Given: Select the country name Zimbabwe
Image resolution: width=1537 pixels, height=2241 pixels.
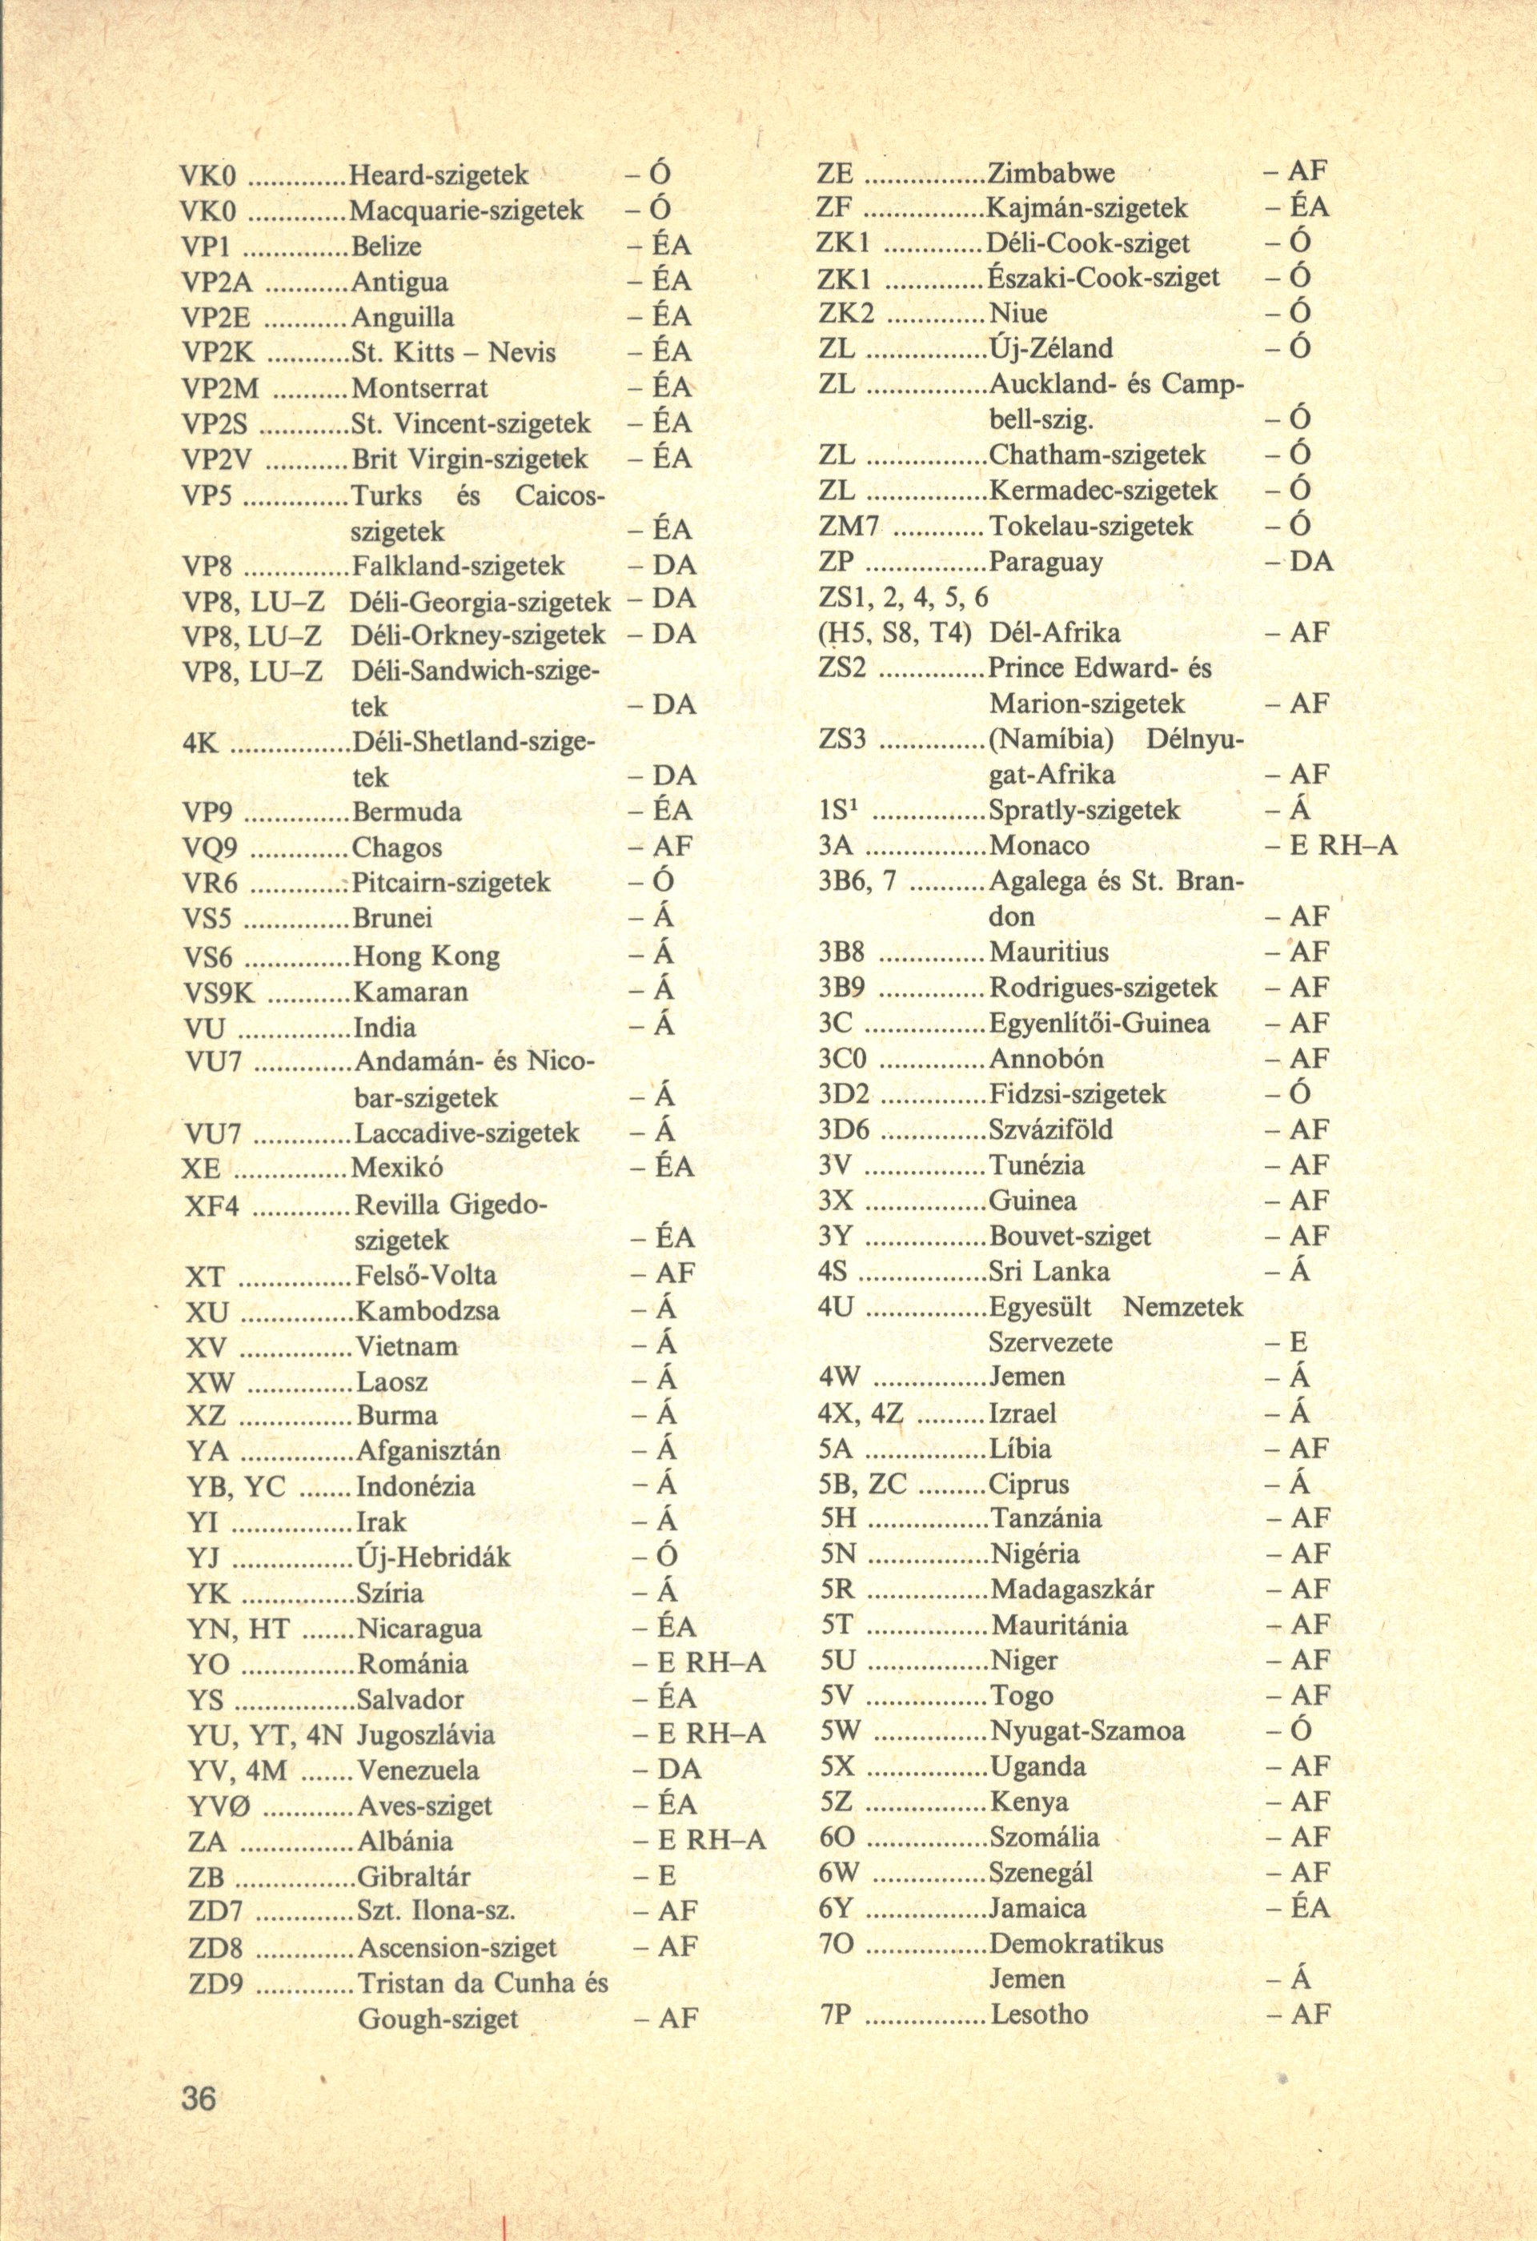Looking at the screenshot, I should click(1052, 173).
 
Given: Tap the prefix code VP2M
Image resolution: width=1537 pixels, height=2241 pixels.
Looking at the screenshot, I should click(221, 387).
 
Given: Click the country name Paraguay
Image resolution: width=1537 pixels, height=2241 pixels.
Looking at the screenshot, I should click(1046, 561).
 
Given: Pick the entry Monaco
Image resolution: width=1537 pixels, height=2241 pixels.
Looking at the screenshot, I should click(1039, 846).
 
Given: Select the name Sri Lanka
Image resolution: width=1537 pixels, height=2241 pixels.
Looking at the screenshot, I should click(1049, 1271).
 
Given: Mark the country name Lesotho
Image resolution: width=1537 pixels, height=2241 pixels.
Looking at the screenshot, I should click(1039, 2014).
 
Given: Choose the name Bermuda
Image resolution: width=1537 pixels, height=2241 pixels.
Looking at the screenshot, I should click(406, 811).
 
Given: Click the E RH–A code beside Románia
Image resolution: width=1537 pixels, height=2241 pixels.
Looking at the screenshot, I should click(699, 1663).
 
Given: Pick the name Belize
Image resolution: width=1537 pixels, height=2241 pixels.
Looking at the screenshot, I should click(386, 246).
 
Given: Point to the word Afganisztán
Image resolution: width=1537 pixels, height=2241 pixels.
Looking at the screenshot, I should click(428, 1450).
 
